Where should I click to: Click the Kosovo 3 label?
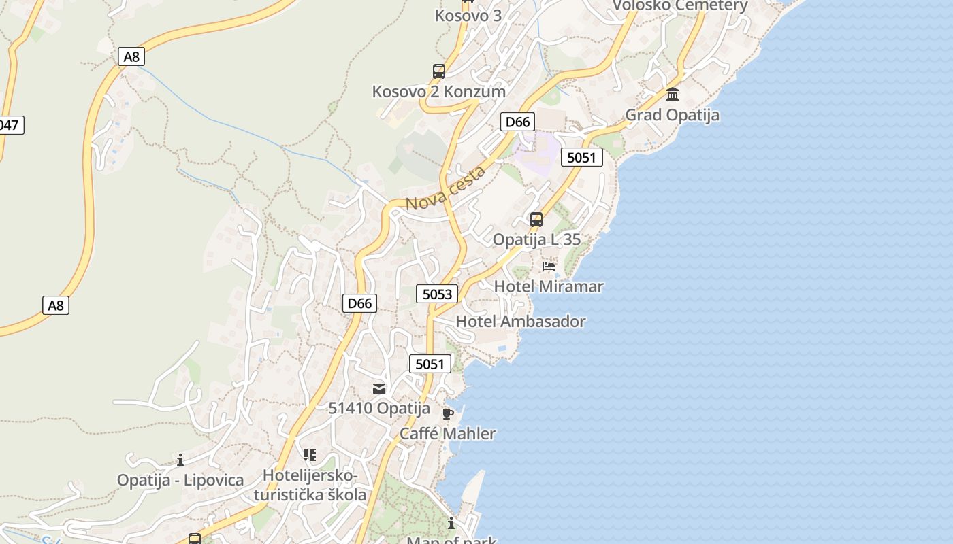468,15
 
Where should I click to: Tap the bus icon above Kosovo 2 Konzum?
439,71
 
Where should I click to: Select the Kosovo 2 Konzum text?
438,92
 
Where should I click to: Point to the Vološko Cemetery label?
680,6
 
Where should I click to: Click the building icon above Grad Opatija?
673,95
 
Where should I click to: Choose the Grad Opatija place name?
672,115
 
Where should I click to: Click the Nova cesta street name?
446,188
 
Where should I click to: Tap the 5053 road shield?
437,294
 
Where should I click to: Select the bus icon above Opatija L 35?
536,220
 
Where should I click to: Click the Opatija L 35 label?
536,239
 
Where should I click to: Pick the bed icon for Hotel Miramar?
549,267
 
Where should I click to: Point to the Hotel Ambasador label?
520,322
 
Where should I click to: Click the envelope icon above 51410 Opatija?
379,389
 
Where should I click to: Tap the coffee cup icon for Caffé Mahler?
447,413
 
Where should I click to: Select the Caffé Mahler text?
447,434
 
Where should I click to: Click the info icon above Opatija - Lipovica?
180,460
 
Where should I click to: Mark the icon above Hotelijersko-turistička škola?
310,455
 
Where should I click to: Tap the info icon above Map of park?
451,523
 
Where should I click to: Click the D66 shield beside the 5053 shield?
359,303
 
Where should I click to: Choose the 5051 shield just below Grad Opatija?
581,158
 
